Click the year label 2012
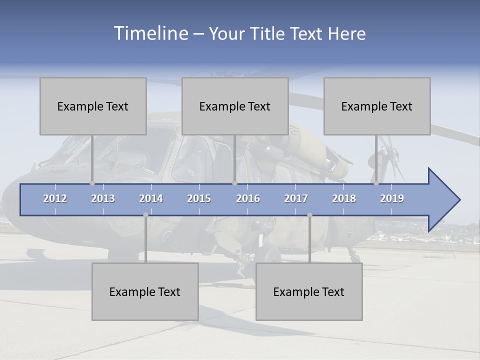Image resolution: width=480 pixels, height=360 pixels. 55,198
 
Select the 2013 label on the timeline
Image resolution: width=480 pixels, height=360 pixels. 103,198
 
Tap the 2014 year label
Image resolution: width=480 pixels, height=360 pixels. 151,198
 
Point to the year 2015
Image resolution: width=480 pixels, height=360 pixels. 199,198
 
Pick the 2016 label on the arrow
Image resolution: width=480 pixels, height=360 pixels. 248,198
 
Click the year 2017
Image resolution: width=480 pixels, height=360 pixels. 296,198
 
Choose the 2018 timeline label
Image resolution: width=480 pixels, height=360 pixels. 344,198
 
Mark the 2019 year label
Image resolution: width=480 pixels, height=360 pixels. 392,198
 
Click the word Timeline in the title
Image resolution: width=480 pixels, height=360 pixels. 150,33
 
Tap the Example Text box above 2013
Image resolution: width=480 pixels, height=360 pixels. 93,106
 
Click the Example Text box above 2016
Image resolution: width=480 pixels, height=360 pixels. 235,106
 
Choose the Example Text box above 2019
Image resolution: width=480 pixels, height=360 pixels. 377,106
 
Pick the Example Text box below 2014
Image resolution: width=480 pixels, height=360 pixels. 145,291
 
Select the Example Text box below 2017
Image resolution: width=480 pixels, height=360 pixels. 309,291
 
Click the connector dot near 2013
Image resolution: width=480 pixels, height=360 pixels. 92,183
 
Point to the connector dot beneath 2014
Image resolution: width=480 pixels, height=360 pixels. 145,215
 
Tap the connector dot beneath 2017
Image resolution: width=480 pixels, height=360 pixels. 309,215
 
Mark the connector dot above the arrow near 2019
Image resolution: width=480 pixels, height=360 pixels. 376,183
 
